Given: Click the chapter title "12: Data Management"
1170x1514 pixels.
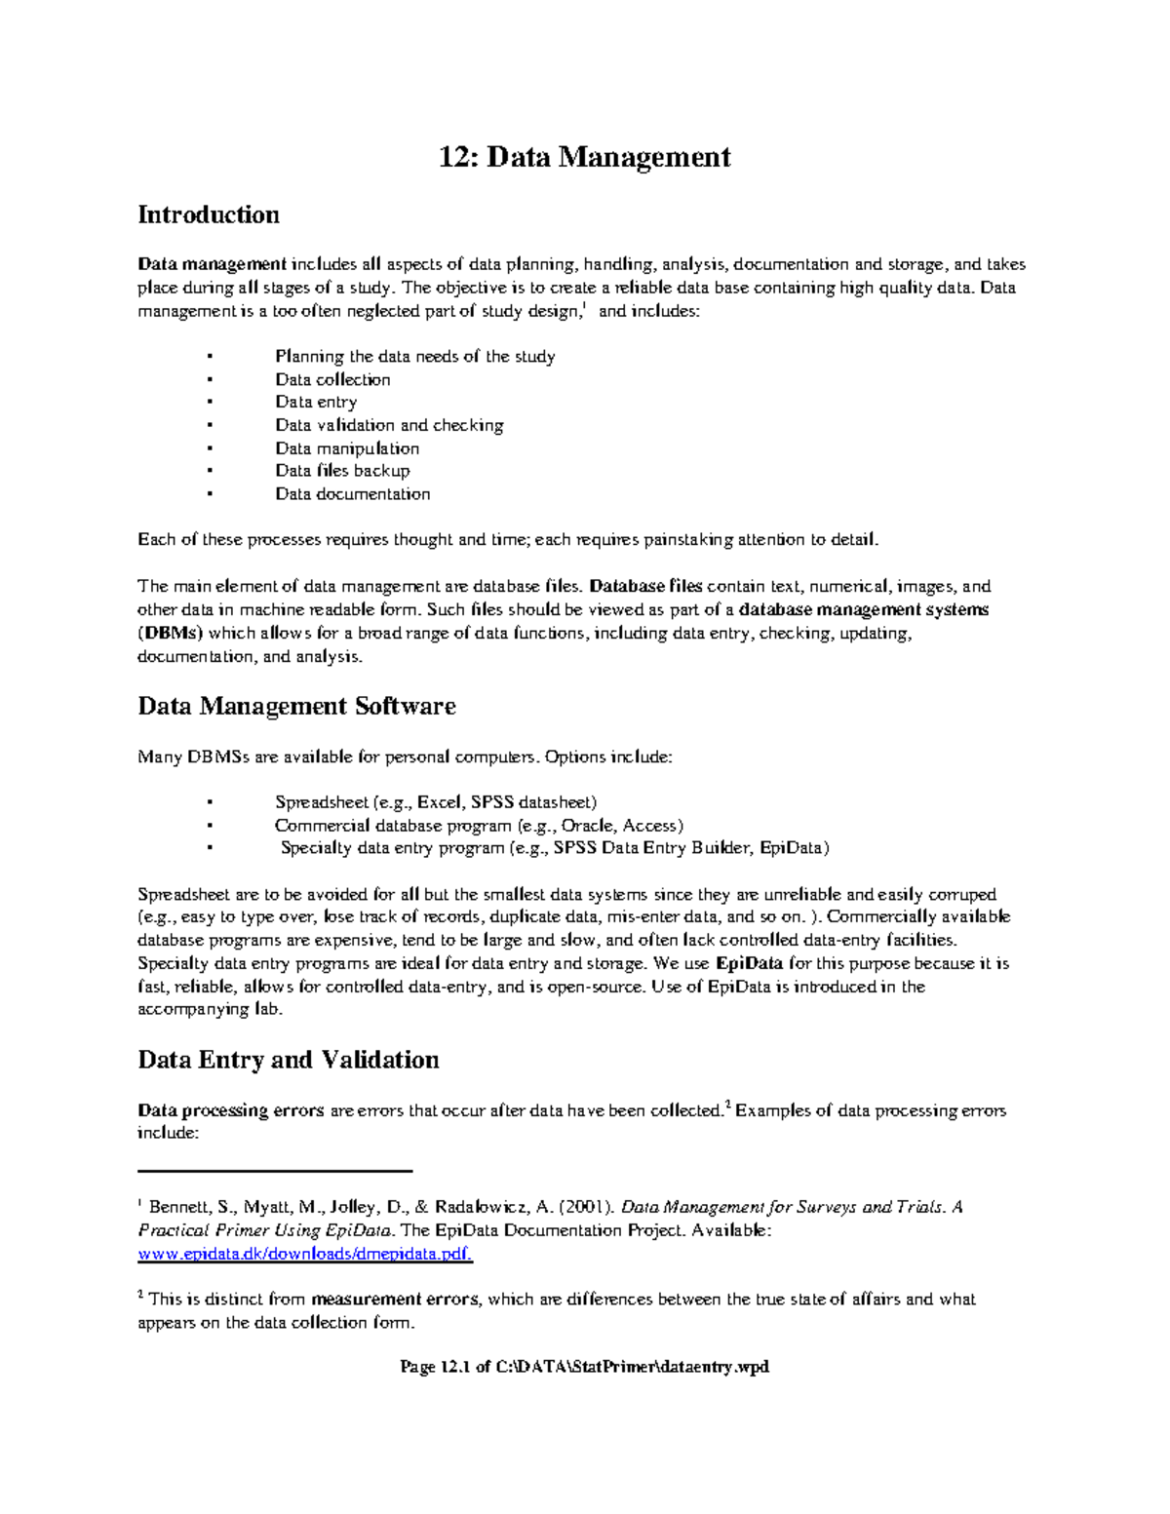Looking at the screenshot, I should click(584, 157).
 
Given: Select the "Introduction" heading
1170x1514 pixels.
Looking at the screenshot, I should click(209, 214).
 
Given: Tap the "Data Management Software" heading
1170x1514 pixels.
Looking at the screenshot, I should click(296, 706).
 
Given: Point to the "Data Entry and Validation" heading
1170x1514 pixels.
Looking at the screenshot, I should click(289, 1060).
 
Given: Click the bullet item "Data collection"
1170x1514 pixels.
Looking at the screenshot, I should click(332, 379).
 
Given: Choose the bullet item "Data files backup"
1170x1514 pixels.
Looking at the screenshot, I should click(342, 471).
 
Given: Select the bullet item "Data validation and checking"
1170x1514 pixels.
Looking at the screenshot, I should click(389, 425).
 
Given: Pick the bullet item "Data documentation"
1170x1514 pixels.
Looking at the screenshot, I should click(352, 494).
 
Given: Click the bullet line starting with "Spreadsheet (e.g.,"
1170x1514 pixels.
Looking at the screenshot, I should click(435, 802).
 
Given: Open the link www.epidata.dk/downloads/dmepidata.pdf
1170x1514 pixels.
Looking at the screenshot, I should click(305, 1254).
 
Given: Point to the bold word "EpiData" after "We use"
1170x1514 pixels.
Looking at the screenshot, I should click(749, 963).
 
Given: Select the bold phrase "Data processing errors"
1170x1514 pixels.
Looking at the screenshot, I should click(231, 1110).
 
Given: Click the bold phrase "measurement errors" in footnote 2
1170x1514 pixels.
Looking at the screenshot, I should click(395, 1300).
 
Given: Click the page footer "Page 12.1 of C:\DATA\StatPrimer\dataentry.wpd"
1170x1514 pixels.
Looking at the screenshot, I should click(584, 1367).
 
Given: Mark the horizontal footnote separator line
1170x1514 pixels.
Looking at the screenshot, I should click(276, 1170).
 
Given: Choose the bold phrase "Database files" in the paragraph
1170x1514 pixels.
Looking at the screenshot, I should click(645, 587).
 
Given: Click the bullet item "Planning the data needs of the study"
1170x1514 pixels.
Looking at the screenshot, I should click(414, 357).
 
